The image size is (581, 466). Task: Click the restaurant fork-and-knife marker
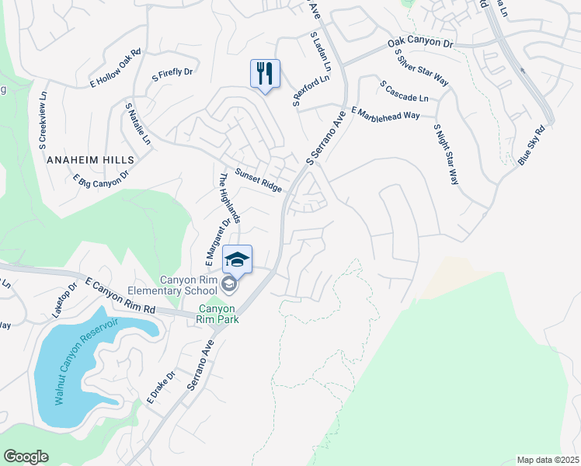[x=265, y=74]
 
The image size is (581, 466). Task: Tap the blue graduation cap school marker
[x=238, y=259]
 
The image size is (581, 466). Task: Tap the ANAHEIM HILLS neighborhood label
[x=90, y=159]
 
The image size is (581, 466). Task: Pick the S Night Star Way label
[x=446, y=154]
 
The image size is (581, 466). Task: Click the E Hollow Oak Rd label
[x=117, y=68]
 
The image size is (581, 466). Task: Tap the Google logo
[x=26, y=457]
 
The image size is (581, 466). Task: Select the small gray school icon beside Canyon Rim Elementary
[x=228, y=284]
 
